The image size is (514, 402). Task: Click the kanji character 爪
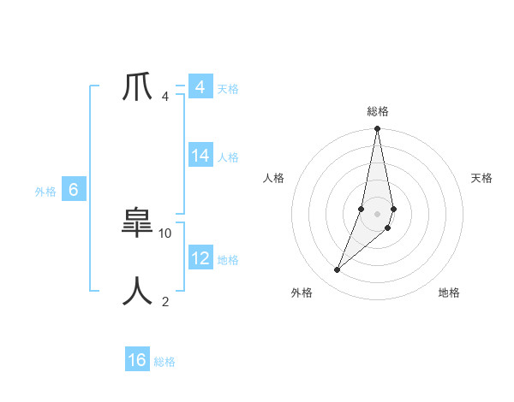point(138,87)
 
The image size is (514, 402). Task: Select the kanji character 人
point(138,292)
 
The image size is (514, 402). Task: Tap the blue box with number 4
point(200,88)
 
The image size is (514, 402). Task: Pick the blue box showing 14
point(200,156)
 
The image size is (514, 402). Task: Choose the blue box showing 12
point(200,258)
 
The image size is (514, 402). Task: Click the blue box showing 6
point(74,191)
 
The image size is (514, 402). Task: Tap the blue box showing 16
point(137,360)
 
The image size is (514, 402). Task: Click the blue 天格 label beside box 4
point(228,89)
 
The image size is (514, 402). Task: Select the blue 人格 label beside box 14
point(228,157)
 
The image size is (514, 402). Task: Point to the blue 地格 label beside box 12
point(228,260)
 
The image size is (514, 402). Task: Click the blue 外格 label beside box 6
point(45,192)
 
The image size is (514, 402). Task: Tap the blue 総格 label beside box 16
point(164,362)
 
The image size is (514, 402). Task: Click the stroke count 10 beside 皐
point(165,233)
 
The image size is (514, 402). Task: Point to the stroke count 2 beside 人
point(165,301)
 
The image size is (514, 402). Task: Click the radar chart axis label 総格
point(378,111)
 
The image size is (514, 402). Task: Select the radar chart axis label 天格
point(481,178)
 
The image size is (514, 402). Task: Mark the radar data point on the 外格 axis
point(338,270)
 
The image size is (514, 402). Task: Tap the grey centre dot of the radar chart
point(378,213)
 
